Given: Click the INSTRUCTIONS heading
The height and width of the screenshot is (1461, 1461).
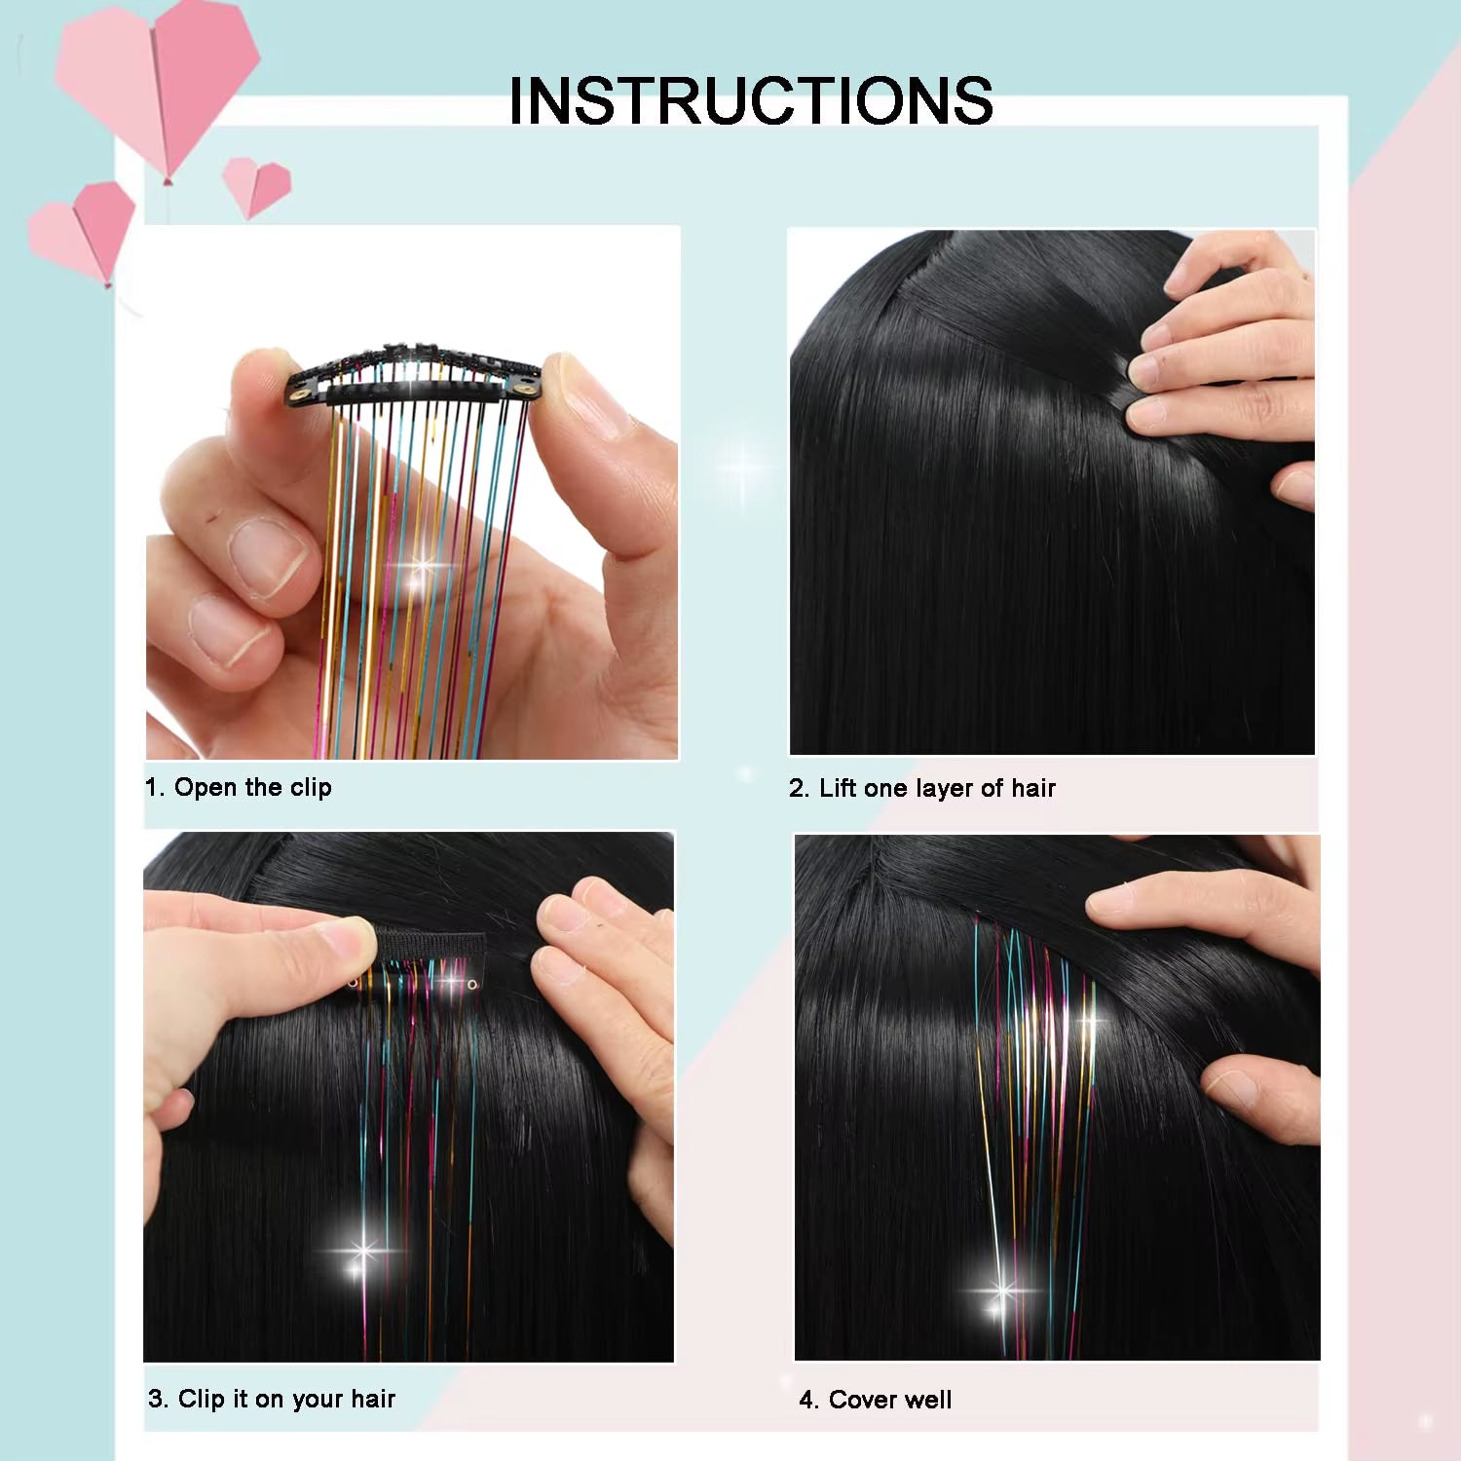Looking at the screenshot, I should click(750, 100).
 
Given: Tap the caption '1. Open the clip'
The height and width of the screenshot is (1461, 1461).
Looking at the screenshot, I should click(239, 787).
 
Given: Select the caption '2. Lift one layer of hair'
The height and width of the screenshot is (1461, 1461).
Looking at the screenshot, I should click(921, 788).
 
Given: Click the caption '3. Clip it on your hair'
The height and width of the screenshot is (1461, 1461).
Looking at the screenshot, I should click(272, 1399).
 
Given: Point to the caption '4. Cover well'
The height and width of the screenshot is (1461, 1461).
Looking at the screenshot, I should click(875, 1400).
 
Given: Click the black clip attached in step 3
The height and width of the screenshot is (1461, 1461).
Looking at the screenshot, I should click(429, 945).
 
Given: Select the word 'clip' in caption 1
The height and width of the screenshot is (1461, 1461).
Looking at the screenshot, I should click(311, 787).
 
